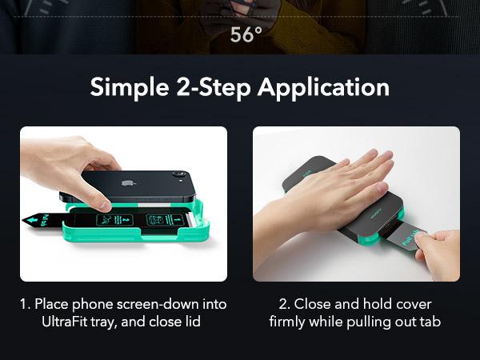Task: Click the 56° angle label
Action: (246, 34)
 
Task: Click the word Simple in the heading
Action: (130, 88)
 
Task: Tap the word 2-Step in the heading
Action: (214, 88)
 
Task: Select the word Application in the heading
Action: (323, 88)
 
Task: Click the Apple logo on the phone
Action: (126, 183)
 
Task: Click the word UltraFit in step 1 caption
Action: (65, 322)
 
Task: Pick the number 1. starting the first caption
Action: (26, 305)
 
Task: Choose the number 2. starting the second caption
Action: (284, 305)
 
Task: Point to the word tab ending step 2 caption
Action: (430, 322)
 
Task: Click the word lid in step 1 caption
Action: (194, 322)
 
